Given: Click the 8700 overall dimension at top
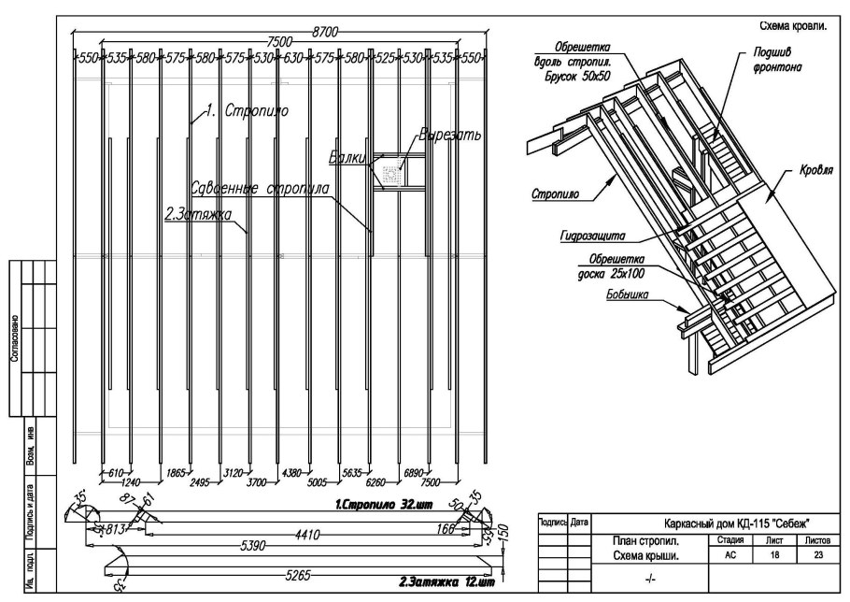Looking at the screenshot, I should pos(324,31).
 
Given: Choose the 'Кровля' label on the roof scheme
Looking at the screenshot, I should pos(815,174).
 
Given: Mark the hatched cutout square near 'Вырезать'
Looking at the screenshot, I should pos(393,172).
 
